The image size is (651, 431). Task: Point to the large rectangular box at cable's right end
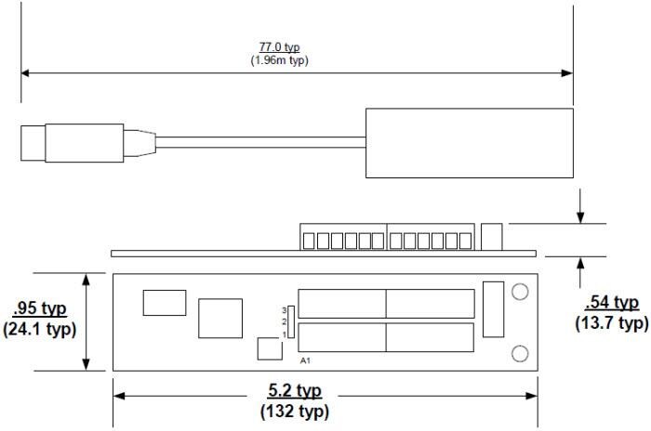click(x=469, y=142)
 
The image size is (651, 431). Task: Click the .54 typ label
click(x=611, y=303)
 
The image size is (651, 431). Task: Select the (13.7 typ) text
click(x=611, y=322)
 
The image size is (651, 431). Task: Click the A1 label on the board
click(x=304, y=359)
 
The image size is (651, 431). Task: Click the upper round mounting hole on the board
click(x=521, y=292)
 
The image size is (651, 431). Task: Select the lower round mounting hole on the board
click(x=521, y=353)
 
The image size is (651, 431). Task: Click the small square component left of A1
click(x=270, y=349)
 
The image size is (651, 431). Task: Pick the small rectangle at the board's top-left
click(x=164, y=302)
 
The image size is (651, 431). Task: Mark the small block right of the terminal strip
click(x=493, y=236)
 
